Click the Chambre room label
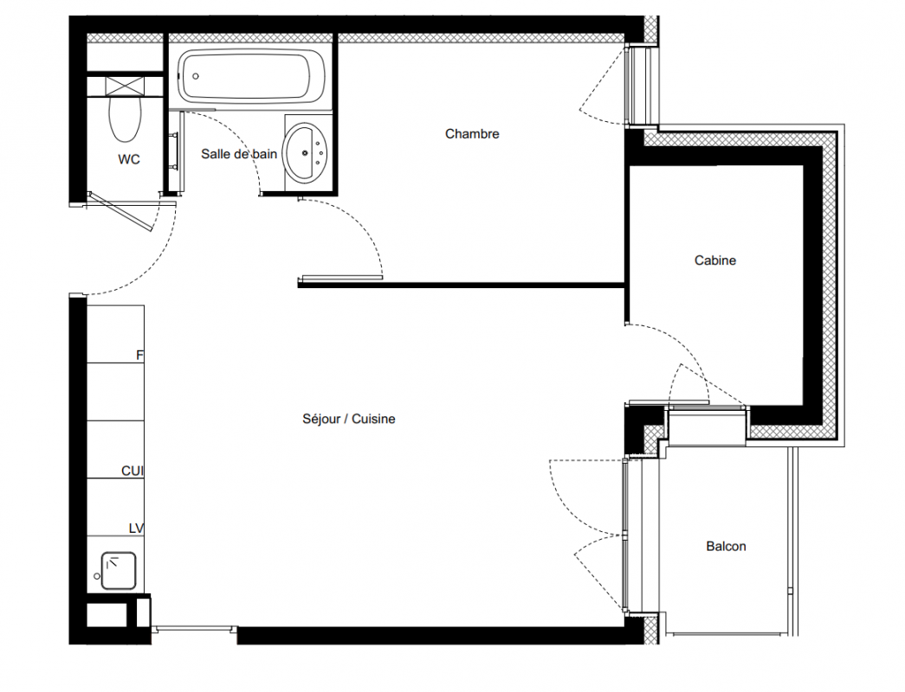pos(472,134)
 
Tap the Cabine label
pos(715,260)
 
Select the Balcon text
pos(726,546)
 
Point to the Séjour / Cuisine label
pos(349,419)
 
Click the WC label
pos(129,159)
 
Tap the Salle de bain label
pos(239,154)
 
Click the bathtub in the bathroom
pos(251,76)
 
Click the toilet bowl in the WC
pos(126,119)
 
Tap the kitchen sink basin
pos(119,571)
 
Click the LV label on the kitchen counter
pos(136,529)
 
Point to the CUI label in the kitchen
pos(133,471)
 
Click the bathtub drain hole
pos(196,76)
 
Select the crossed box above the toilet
pos(125,86)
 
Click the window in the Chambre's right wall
pos(642,86)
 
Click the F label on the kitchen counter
pos(139,356)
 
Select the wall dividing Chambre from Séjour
pos(462,285)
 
